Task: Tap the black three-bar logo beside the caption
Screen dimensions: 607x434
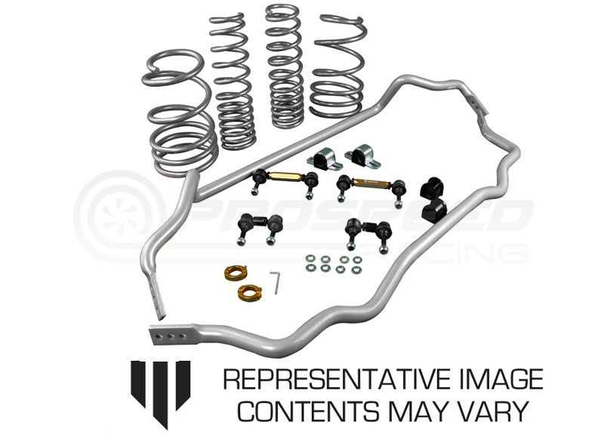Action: pyautogui.click(x=160, y=393)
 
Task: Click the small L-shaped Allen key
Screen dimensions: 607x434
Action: pyautogui.click(x=275, y=282)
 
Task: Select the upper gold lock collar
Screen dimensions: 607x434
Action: pyautogui.click(x=235, y=273)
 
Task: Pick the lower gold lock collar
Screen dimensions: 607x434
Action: pyautogui.click(x=250, y=292)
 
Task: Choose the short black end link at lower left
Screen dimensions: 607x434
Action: pyautogui.click(x=260, y=229)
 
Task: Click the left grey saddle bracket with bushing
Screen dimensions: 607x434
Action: pyautogui.click(x=325, y=159)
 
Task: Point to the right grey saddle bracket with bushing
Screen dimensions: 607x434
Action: pyautogui.click(x=362, y=155)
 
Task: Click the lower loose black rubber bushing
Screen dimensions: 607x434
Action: pyautogui.click(x=434, y=211)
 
